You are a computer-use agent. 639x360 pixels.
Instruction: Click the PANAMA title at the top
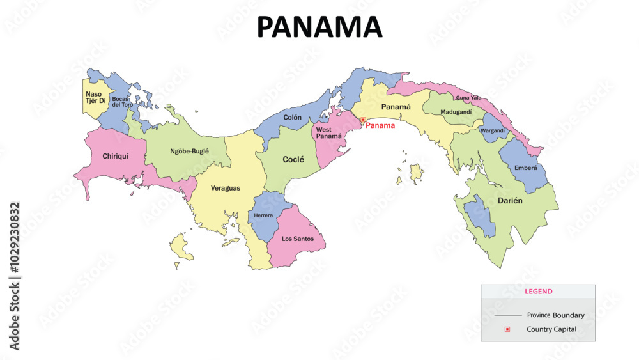click(319, 27)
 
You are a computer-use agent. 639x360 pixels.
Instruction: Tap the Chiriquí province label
click(116, 156)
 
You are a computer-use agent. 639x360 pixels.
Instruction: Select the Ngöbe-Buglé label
click(189, 152)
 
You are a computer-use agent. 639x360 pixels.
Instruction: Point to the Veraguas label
click(226, 188)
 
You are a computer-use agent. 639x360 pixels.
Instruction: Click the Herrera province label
click(263, 215)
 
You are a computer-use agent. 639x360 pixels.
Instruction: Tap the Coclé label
click(293, 159)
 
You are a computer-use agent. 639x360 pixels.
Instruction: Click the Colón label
click(292, 118)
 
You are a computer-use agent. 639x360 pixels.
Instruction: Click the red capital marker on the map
click(363, 120)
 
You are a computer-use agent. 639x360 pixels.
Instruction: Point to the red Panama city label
click(380, 126)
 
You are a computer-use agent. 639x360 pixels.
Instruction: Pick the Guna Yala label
click(468, 98)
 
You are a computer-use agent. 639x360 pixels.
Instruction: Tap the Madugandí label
click(456, 113)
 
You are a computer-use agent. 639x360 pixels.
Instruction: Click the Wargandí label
click(492, 130)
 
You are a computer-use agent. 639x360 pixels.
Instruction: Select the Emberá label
click(526, 168)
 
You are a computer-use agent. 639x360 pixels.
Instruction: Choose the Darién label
click(510, 201)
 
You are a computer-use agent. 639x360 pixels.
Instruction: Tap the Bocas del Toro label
click(121, 102)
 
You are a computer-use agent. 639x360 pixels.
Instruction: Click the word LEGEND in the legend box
click(538, 292)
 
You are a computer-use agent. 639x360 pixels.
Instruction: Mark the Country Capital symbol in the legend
click(507, 329)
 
